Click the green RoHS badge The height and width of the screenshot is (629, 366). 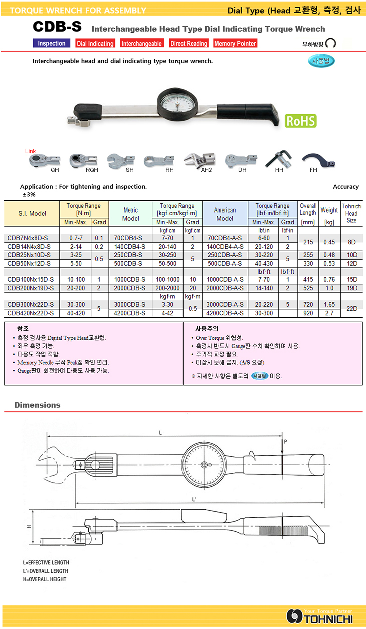click(300, 121)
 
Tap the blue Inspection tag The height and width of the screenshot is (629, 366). click(52, 44)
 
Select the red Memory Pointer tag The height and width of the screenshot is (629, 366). click(235, 44)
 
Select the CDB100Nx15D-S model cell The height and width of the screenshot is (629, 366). click(32, 279)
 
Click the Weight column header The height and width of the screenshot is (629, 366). click(329, 210)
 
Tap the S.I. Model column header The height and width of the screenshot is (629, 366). click(31, 214)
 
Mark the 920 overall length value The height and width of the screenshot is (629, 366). click(308, 313)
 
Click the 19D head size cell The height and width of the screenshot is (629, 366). click(351, 288)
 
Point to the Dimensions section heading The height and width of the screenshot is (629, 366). click(37, 405)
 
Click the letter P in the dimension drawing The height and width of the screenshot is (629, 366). click(285, 442)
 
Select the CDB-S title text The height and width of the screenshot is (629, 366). click(57, 27)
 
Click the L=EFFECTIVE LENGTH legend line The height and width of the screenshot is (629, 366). click(46, 562)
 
